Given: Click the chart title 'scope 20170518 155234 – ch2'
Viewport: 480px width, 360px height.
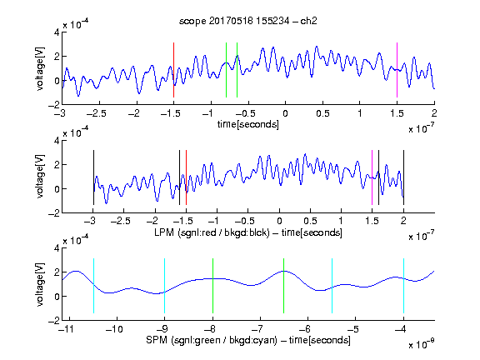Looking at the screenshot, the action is coord(248,21).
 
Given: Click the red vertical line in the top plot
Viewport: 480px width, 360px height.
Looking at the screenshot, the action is coord(173,70).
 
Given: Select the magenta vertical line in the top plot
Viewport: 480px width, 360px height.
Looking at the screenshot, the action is coord(397,70).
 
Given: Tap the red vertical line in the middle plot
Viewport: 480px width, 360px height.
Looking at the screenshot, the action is coord(186,177).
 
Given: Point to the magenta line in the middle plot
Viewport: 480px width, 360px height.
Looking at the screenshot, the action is coord(372,177).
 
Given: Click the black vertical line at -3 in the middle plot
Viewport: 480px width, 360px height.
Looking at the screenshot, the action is coord(93,177).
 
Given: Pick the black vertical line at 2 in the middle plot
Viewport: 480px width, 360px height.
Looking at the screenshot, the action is coord(404,177).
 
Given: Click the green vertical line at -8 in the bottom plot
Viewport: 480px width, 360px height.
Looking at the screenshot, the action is coord(212,286).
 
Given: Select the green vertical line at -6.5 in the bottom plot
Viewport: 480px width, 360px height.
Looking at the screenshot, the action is coord(284,286).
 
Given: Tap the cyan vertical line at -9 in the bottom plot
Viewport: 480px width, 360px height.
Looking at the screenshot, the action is coord(165,286).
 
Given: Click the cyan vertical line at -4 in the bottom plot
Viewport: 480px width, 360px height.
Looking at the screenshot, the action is coord(404,286).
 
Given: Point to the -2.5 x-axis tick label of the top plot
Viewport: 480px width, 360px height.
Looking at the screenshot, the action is coord(97,113).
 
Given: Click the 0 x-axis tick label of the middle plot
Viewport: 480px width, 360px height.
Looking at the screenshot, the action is coord(279,221).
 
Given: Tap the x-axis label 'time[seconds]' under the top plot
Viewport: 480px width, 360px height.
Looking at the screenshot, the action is coord(248,125).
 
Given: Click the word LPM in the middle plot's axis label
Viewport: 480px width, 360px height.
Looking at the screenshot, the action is coord(164,232).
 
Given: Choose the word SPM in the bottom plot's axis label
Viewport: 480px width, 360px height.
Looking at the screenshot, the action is coord(157,340).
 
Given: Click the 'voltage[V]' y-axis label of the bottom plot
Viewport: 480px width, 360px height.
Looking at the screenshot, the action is coord(40,284).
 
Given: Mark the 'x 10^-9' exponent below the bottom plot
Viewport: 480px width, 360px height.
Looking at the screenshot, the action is coord(421,344).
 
